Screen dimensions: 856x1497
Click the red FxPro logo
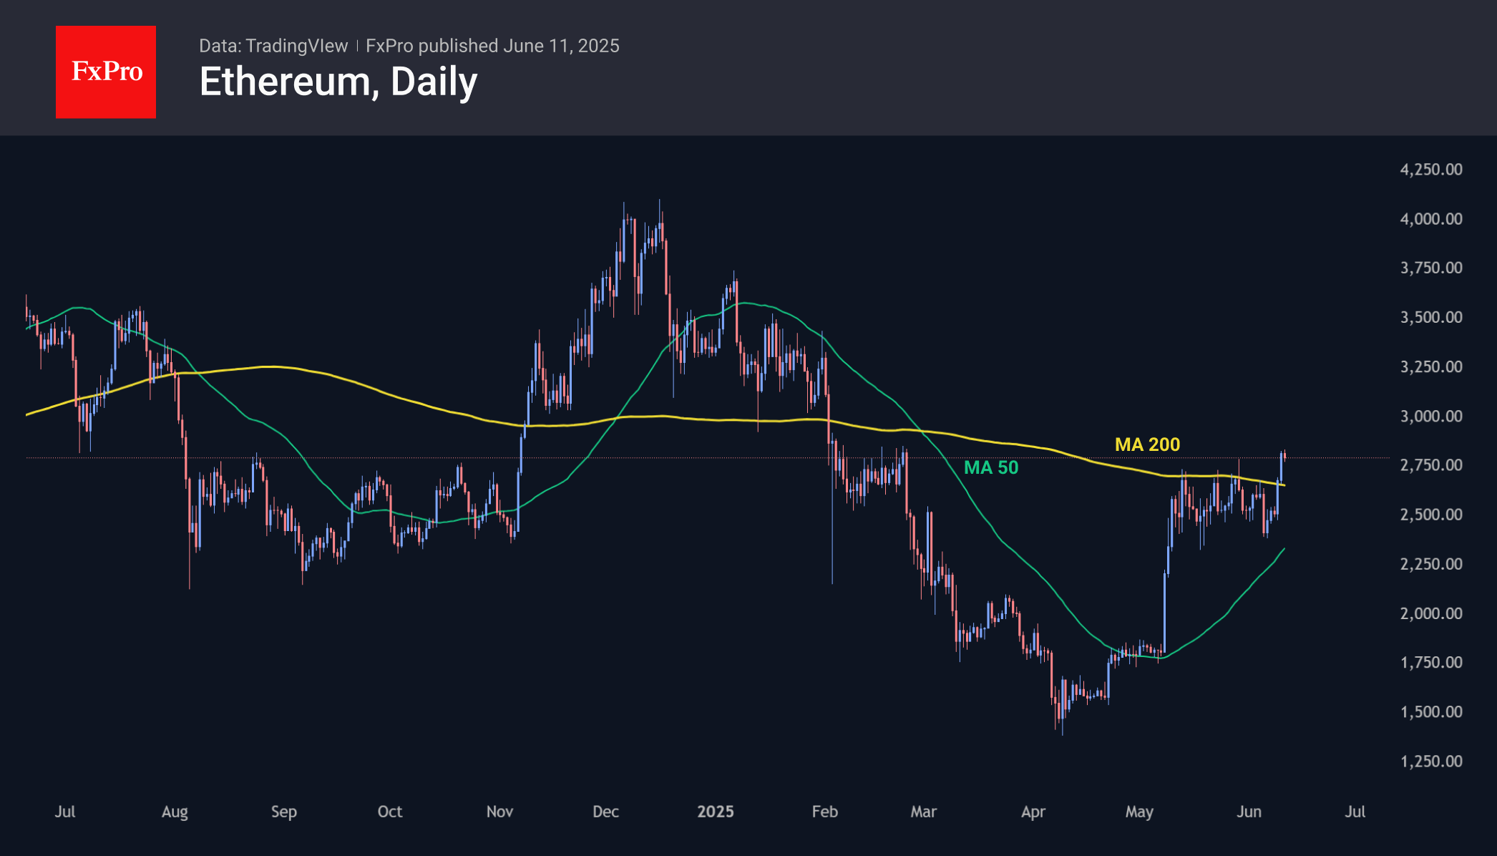point(106,72)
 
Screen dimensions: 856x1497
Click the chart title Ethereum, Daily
point(338,82)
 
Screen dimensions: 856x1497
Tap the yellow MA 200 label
point(1147,444)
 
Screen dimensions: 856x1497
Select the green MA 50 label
point(990,467)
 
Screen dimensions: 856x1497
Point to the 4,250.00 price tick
point(1430,170)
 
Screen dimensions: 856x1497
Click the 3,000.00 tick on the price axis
point(1430,416)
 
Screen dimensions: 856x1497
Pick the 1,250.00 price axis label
point(1430,761)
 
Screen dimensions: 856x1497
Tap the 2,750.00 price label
point(1430,465)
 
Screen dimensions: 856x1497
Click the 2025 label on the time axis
point(716,811)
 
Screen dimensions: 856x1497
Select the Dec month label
point(605,811)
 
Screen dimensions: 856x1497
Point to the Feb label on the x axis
point(824,811)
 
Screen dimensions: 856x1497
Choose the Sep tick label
point(283,811)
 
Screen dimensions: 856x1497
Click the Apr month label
point(1033,811)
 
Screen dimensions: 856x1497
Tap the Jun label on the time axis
point(1249,811)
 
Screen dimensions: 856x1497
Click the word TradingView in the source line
point(296,46)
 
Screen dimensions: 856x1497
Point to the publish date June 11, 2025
point(561,46)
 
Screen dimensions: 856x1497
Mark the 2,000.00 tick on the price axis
point(1430,613)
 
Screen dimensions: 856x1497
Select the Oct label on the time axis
point(389,811)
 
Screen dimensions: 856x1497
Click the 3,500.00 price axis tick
point(1430,317)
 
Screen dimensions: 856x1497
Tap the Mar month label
point(923,811)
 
